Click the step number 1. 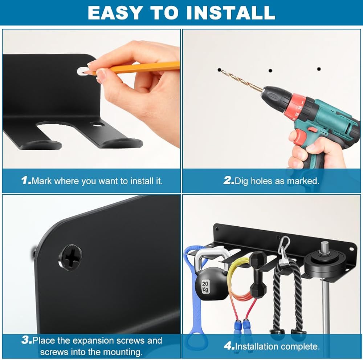tap(26, 181)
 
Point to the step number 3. tap(26, 340)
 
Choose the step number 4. tap(229, 346)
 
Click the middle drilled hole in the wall tap(270, 70)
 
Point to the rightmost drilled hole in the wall tap(319, 69)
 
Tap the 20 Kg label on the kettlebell tap(205, 287)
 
